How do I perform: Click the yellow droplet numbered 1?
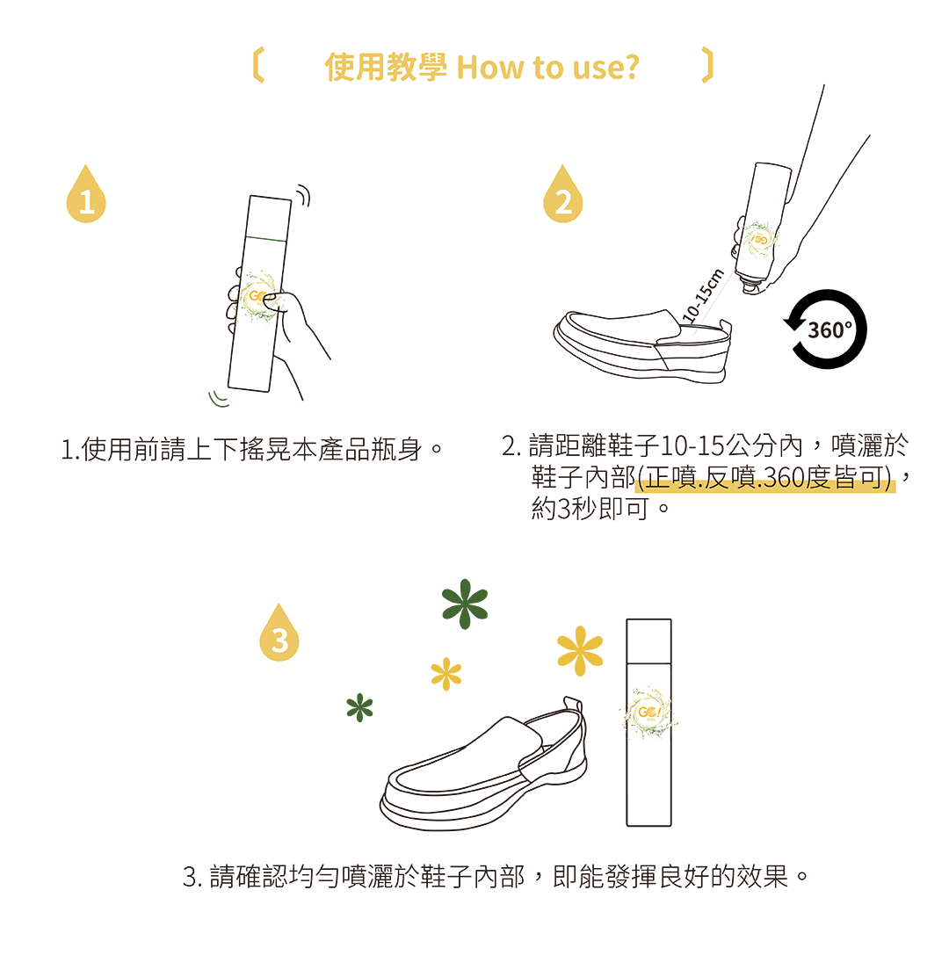(86, 196)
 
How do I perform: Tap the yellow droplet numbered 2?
(562, 196)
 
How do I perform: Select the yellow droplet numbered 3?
(279, 633)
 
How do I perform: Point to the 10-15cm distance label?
(702, 295)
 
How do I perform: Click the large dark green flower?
(465, 604)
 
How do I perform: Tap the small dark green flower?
(359, 707)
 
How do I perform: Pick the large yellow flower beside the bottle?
(580, 650)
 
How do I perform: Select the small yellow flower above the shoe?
(446, 674)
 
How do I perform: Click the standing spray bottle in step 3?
(648, 723)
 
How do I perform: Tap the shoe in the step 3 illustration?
(483, 764)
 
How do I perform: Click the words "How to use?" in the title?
(547, 68)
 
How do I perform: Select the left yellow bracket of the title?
(258, 65)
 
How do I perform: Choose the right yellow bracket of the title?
(707, 65)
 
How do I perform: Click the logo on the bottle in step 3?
(648, 713)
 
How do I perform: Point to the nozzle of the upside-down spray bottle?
(750, 285)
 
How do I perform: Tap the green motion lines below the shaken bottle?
(218, 399)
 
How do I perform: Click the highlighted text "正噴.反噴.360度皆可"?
(764, 478)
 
